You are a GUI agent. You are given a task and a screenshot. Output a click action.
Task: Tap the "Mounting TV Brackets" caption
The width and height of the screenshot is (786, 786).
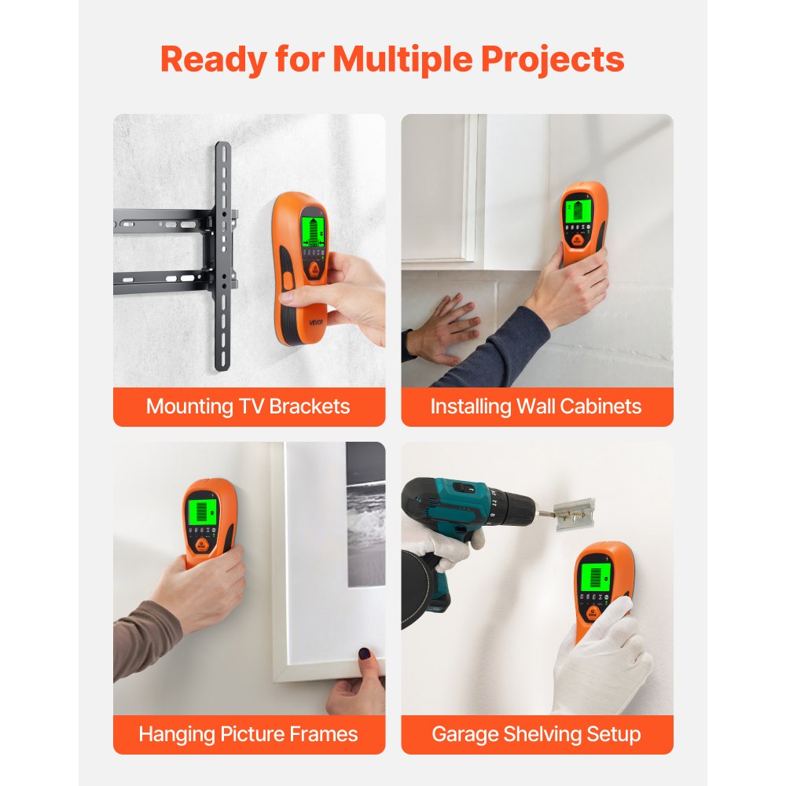pyautogui.click(x=248, y=406)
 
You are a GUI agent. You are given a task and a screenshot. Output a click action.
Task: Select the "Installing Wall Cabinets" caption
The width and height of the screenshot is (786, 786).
pyautogui.click(x=536, y=406)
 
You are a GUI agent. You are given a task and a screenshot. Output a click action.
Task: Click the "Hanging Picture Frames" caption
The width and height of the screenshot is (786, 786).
pyautogui.click(x=248, y=734)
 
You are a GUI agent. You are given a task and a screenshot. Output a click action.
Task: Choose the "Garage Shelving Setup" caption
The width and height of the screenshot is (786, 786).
pyautogui.click(x=536, y=734)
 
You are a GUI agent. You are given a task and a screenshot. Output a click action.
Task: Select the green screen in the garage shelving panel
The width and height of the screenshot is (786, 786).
pyautogui.click(x=595, y=579)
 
